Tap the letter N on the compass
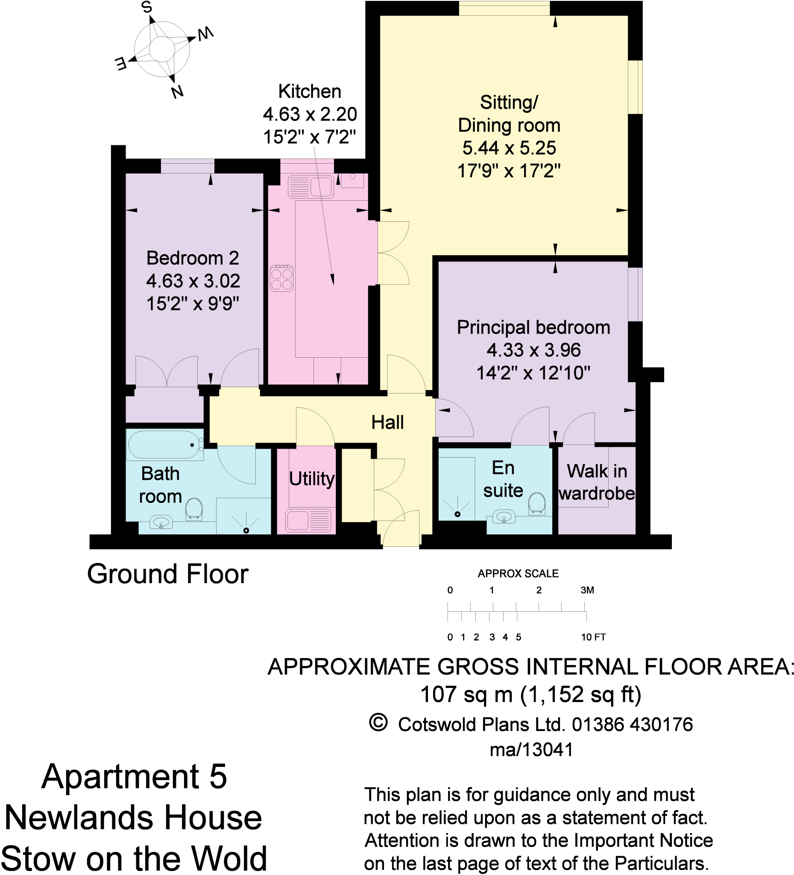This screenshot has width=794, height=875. [177, 91]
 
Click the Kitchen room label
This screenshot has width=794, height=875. [309, 91]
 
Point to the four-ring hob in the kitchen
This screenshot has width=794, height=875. [281, 278]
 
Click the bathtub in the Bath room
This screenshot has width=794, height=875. [164, 444]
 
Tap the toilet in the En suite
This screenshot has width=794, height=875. [537, 503]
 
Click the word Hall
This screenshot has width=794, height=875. [387, 422]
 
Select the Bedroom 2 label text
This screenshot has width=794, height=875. [193, 258]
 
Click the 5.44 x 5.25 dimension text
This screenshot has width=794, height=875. [509, 148]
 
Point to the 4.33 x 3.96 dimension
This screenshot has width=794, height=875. [533, 350]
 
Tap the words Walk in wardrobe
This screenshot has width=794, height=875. [597, 482]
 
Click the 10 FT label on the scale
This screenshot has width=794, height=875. [593, 637]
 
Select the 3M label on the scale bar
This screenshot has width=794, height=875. [587, 590]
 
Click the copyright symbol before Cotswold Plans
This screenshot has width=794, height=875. [378, 723]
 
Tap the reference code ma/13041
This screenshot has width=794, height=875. [531, 749]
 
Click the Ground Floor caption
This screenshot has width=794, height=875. [167, 574]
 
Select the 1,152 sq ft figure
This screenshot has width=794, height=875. [580, 694]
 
